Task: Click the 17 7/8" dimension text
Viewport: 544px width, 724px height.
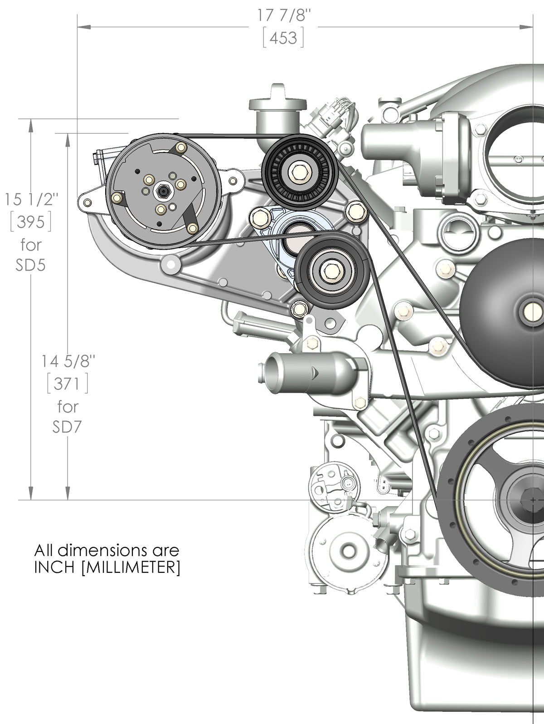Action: point(285,15)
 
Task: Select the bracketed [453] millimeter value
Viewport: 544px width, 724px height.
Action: point(283,39)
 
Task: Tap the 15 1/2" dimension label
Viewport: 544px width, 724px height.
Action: point(31,199)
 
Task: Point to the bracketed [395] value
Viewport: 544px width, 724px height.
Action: point(31,222)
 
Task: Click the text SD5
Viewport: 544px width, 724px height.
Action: point(31,265)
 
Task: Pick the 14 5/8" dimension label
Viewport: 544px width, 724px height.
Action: point(68,361)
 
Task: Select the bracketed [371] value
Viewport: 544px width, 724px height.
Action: point(68,384)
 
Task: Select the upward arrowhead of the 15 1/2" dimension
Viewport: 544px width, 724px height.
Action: point(31,123)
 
